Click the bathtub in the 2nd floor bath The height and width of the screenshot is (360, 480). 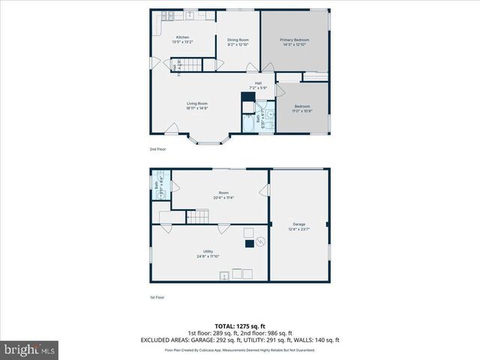point(249,124)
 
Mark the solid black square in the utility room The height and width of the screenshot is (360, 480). point(250,243)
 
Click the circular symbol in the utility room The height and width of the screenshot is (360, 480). point(259,241)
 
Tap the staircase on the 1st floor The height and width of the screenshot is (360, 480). point(197,217)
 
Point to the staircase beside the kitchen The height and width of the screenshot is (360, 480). point(193,64)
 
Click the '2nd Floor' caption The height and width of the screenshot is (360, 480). point(157,149)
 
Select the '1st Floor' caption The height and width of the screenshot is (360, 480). point(157,297)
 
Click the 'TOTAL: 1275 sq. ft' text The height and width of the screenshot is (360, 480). point(239,325)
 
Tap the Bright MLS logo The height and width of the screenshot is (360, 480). point(30,349)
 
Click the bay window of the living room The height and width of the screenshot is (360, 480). point(206,140)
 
